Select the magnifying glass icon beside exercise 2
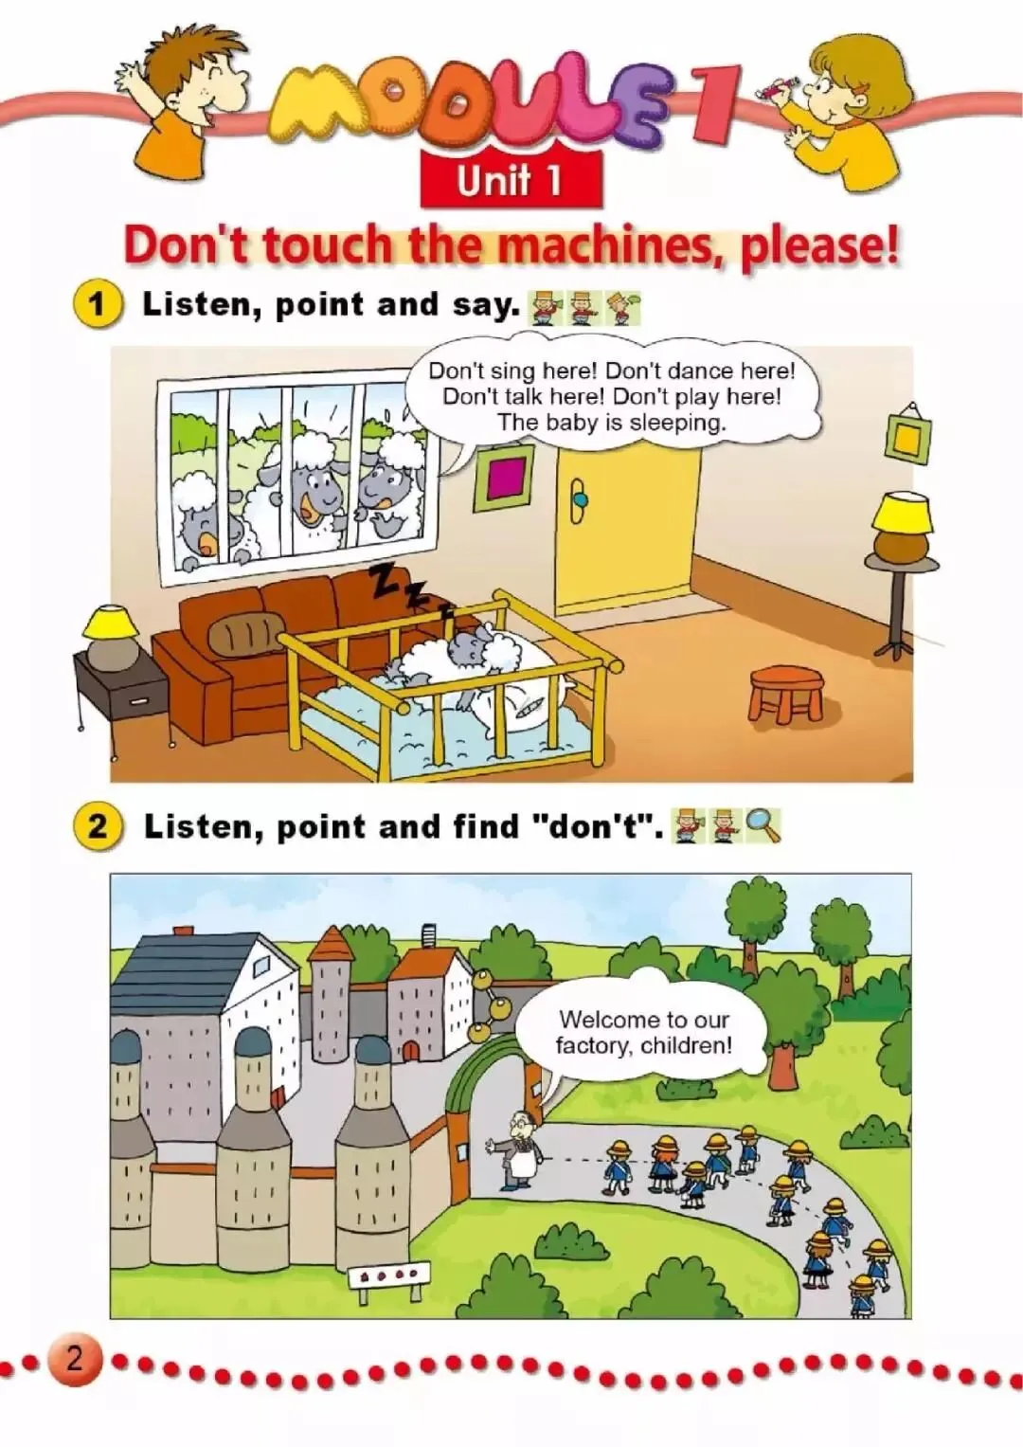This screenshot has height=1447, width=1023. click(x=763, y=826)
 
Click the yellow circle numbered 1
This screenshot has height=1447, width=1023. click(x=99, y=305)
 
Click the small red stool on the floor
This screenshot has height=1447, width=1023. click(x=785, y=694)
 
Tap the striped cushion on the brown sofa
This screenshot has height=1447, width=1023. click(x=246, y=628)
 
